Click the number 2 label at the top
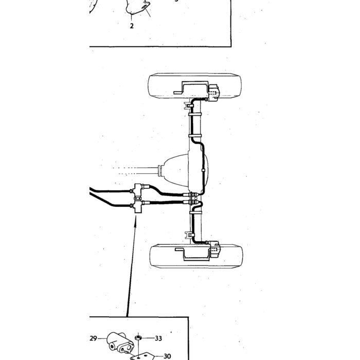pyautogui.click(x=132, y=26)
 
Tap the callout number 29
pyautogui.click(x=94, y=338)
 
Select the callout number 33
pyautogui.click(x=158, y=338)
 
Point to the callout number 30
pyautogui.click(x=167, y=356)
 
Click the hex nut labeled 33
pyautogui.click(x=138, y=338)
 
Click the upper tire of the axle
pyautogui.click(x=195, y=86)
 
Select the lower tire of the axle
pyautogui.click(x=196, y=256)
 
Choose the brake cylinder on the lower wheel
pyautogui.click(x=214, y=248)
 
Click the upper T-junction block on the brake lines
pyautogui.click(x=138, y=189)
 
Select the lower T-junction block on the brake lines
pyautogui.click(x=138, y=206)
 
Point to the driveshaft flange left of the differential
pyautogui.click(x=160, y=170)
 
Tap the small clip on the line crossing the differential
pyautogui.click(x=203, y=170)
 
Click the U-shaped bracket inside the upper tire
pyautogui.click(x=191, y=87)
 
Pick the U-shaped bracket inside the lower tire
pyautogui.click(x=193, y=255)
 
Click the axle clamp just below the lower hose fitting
pyautogui.click(x=195, y=212)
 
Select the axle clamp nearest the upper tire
pyautogui.click(x=195, y=114)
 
